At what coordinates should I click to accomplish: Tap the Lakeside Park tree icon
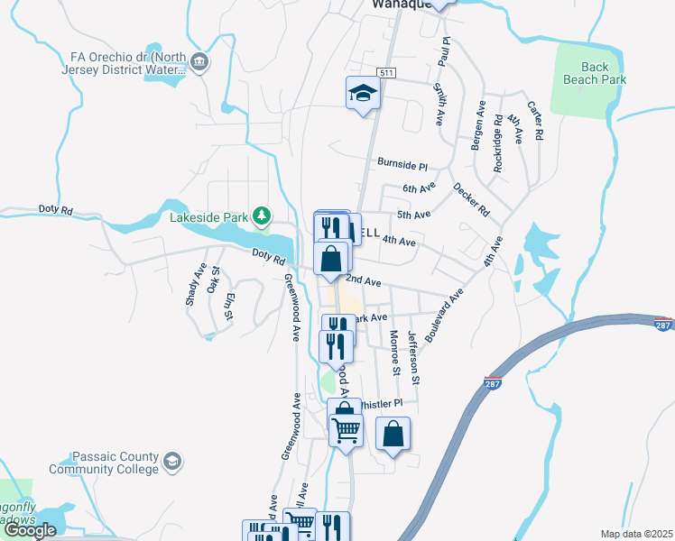pos(262,215)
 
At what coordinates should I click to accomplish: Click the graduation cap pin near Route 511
pos(363,94)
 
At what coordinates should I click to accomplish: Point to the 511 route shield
pos(386,72)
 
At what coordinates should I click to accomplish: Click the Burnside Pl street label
pos(402,166)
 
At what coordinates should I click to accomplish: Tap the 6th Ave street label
pos(419,188)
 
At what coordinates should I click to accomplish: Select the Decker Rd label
pos(471,200)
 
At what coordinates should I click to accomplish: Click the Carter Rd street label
pos(536,120)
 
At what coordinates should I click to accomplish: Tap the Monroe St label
pos(394,352)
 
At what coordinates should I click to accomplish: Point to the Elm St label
pos(231,307)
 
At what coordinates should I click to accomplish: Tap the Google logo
pos(30,530)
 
